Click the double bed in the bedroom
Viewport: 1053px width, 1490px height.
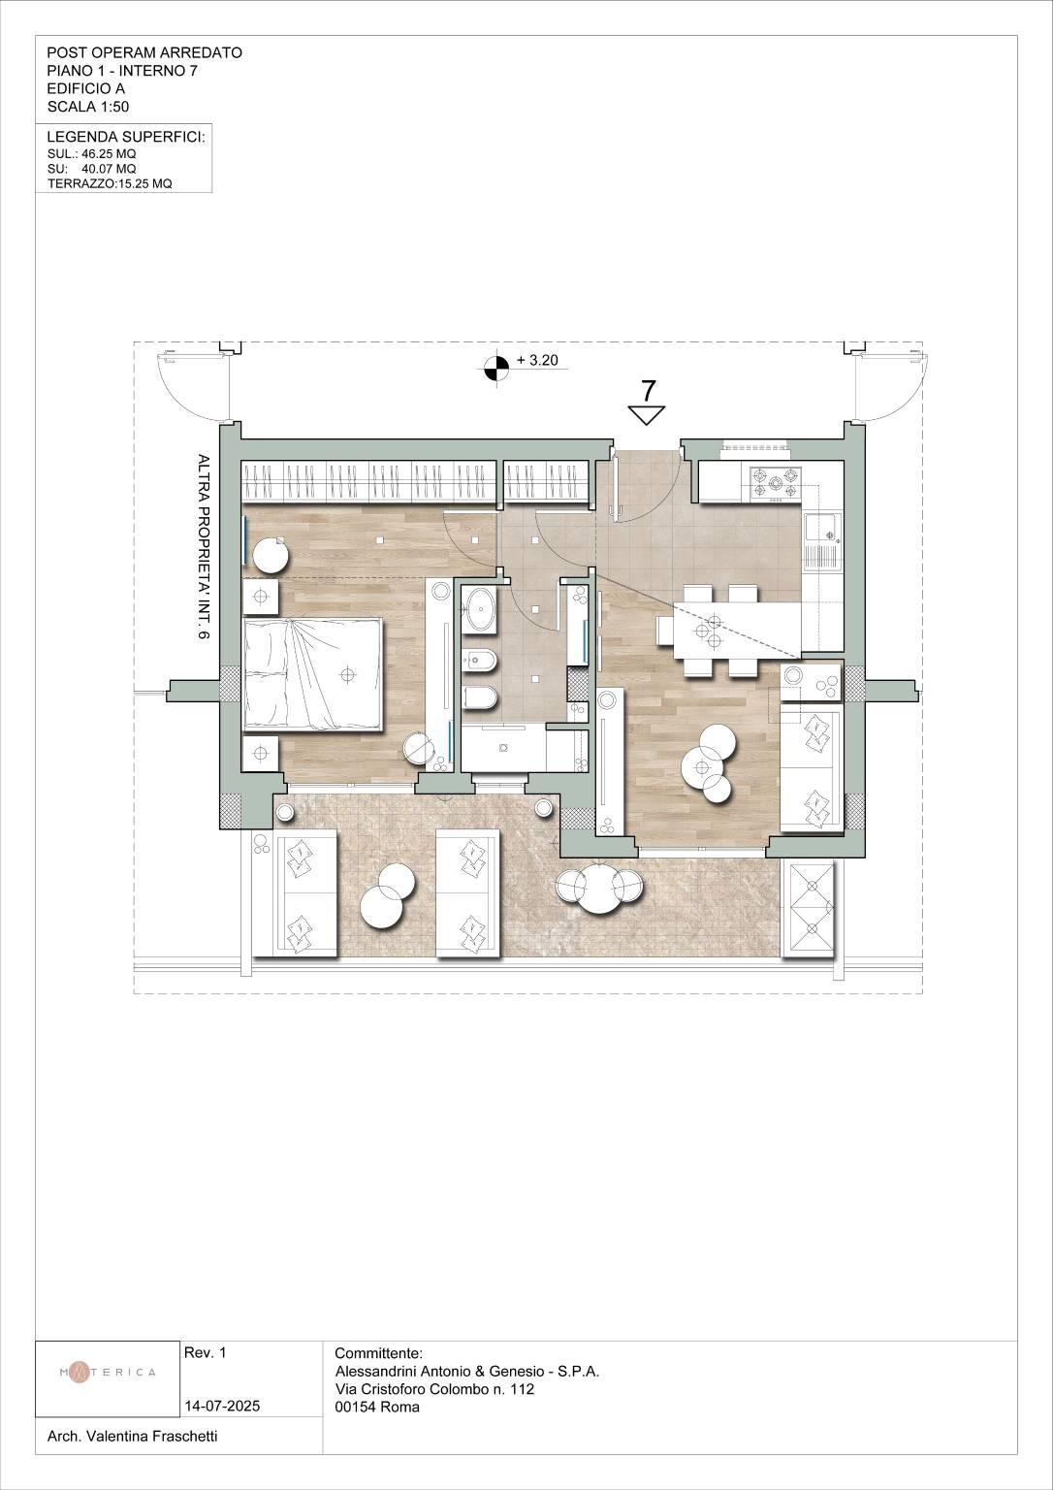[x=313, y=674]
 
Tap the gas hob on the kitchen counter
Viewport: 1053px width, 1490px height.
[x=775, y=484]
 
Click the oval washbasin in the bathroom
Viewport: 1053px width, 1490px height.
[x=479, y=608]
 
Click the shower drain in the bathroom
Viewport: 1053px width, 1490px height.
[x=502, y=747]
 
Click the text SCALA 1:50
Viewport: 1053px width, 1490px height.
[x=88, y=107]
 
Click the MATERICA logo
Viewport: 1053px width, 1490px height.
[x=108, y=1372]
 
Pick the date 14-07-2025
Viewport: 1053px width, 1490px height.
[x=223, y=1407]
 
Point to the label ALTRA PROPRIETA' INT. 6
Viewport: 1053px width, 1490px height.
[x=203, y=547]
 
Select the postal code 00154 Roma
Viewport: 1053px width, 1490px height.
[x=377, y=1407]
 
